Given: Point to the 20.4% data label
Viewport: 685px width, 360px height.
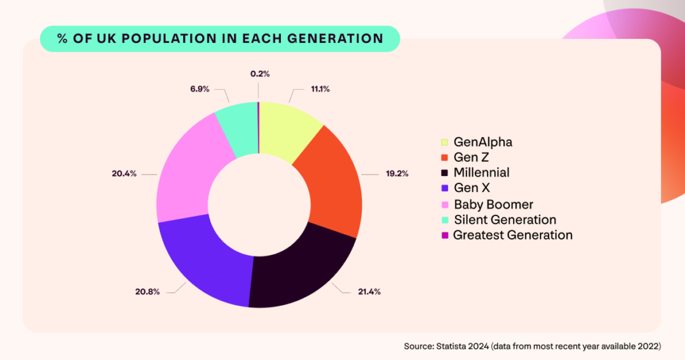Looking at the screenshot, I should tap(124, 174).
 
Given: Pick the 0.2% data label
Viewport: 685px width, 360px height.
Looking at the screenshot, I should tap(260, 74).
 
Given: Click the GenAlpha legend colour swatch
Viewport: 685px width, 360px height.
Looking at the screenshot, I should tap(444, 142).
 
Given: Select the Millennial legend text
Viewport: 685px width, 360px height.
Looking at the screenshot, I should tap(481, 173).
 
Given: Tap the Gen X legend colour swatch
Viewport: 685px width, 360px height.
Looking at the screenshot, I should tap(444, 189).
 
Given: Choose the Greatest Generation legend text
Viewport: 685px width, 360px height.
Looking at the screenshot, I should tap(512, 235).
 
